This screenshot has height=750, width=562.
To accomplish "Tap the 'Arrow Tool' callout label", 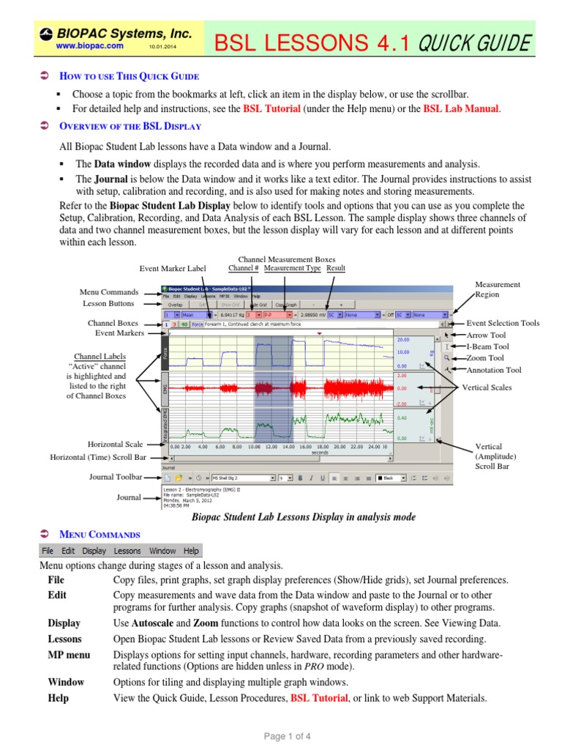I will coord(486,335).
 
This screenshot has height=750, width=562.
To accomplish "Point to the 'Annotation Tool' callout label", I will coord(494,370).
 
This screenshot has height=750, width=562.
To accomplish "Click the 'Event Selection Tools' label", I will coord(503,323).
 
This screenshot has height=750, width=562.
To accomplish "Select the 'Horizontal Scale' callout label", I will coord(116,444).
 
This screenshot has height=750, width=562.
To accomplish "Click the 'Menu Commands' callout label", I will coord(109,292).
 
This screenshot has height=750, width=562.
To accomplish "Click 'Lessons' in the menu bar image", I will coord(127,550).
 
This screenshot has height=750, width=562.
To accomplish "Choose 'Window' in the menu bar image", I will coord(162,550).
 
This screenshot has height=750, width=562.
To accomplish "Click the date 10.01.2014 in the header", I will coord(163,46).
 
